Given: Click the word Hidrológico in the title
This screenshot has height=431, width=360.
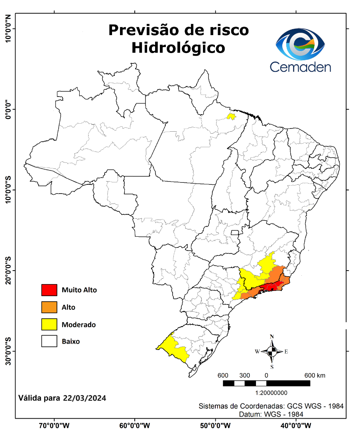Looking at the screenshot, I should [x=178, y=47].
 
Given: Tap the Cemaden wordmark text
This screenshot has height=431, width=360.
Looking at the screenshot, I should [x=300, y=66].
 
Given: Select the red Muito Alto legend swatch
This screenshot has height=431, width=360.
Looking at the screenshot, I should [x=49, y=290].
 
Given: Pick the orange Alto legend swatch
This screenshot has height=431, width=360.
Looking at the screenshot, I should [x=49, y=307].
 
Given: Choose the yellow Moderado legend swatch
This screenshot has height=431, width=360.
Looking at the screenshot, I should [x=49, y=324].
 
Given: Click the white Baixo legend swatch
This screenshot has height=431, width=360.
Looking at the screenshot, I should [x=49, y=342].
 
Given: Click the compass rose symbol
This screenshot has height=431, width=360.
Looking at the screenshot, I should [x=272, y=352].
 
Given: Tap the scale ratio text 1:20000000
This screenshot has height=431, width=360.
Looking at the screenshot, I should [x=266, y=393].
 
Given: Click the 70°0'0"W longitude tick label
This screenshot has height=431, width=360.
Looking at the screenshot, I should [x=55, y=425].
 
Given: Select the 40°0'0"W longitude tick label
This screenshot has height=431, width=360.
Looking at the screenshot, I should [x=296, y=425].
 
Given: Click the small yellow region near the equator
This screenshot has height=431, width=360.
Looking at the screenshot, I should [x=231, y=117].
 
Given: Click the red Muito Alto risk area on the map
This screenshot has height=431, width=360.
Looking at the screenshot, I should [x=271, y=287].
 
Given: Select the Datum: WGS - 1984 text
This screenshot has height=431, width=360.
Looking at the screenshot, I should [x=271, y=414].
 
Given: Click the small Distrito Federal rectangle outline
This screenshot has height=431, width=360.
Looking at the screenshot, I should [x=235, y=233].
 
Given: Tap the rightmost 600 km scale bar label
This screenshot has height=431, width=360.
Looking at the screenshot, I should [x=315, y=376].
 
